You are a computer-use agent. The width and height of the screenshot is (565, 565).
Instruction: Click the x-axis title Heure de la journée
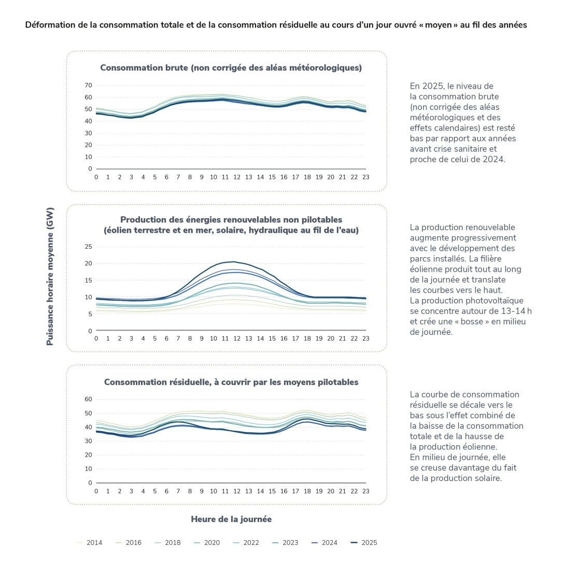[x=231, y=519]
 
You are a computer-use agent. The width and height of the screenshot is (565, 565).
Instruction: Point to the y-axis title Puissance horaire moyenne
[x=50, y=276]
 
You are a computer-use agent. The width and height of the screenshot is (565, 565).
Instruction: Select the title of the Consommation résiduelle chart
[x=231, y=382]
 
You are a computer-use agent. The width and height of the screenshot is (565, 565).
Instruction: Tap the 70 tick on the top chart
[x=88, y=85]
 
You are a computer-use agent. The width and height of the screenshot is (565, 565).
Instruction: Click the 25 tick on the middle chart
[x=88, y=247]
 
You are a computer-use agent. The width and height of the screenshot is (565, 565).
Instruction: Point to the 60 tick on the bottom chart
[x=88, y=399]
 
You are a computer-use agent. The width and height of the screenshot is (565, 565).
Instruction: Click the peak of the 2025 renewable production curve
[x=233, y=262]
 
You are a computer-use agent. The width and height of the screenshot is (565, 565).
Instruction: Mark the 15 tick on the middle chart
[x=88, y=280]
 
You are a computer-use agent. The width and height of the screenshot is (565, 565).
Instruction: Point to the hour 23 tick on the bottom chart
[x=365, y=491]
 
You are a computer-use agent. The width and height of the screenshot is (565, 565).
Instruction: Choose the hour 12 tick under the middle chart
[x=237, y=339]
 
